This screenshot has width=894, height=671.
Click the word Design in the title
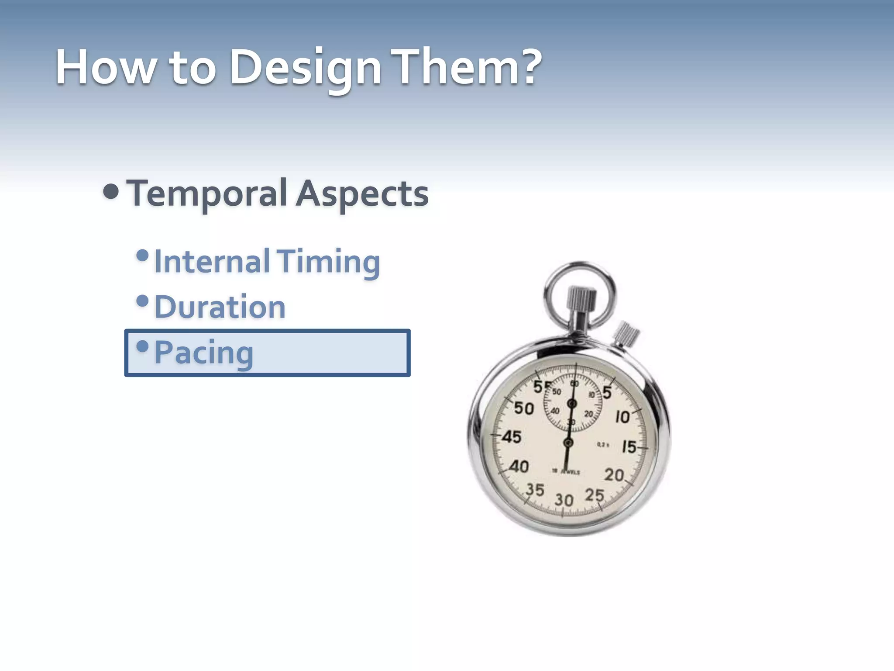pos(305,68)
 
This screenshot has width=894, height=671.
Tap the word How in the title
pos(105,68)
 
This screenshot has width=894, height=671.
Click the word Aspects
pos(362,194)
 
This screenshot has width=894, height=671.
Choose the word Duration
pos(220,307)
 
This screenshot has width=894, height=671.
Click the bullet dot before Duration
pos(142,301)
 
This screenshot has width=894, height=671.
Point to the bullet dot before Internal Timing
pos(142,255)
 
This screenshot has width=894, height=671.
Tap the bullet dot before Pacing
pos(142,346)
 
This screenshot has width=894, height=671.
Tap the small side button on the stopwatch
pos(626,334)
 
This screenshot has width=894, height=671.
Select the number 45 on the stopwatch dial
pos(511,436)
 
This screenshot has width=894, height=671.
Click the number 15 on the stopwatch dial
pos(629,446)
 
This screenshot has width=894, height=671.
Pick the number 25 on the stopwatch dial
pos(594,495)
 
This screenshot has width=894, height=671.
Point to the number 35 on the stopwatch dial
pos(535,490)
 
